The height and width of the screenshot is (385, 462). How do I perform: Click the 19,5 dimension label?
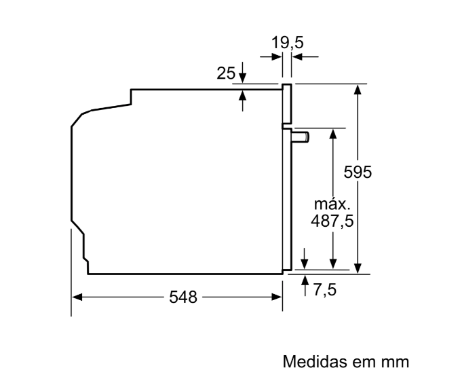[x=287, y=43]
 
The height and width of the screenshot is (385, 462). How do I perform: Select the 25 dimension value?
[x=226, y=73]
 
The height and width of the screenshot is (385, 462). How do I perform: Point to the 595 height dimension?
[x=358, y=172]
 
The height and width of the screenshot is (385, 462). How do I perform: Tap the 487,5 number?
[x=332, y=221]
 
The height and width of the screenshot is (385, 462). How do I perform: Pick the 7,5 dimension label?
[x=325, y=290]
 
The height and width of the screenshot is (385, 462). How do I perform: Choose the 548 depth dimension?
[x=183, y=297]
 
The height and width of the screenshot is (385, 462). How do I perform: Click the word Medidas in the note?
[x=314, y=361]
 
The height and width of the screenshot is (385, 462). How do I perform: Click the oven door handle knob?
[x=301, y=137]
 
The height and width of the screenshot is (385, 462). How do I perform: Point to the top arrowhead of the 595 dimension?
[x=358, y=89]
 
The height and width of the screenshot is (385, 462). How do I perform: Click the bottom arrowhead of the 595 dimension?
[x=358, y=269]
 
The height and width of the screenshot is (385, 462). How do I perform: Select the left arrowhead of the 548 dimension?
[x=77, y=297]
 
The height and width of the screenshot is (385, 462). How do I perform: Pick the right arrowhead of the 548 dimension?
[x=277, y=297]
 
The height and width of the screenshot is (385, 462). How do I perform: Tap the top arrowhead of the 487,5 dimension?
[x=333, y=134]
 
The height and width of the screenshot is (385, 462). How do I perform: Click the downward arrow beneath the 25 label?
[x=242, y=73]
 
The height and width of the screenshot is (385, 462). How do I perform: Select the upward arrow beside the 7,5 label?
[x=305, y=285]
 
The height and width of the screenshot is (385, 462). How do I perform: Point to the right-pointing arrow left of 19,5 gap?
[x=271, y=56]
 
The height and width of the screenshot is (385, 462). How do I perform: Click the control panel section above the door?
[x=287, y=104]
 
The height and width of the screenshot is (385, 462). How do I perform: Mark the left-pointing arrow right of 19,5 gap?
[x=305, y=56]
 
